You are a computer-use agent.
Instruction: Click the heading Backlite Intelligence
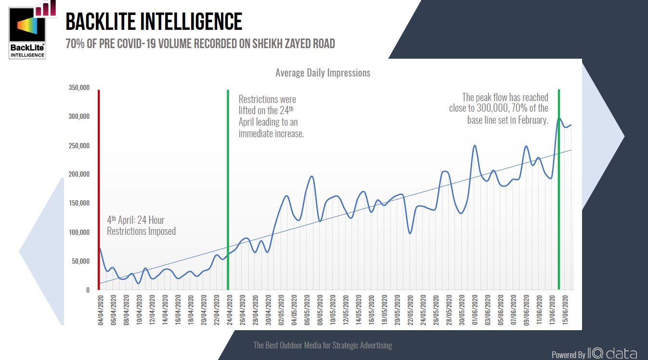pos(154,22)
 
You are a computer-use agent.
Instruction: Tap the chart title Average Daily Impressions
pos(323,73)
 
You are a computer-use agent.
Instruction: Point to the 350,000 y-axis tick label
pos(79,88)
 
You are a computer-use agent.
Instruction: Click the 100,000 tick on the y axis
pos(79,232)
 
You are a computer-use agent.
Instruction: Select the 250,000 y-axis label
pos(79,146)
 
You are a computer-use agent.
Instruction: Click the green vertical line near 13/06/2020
pos(558,193)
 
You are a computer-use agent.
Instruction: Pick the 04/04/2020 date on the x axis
pos(101,311)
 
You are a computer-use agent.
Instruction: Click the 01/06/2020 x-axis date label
pos(475,311)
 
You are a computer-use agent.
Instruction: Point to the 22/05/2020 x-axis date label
pos(410,311)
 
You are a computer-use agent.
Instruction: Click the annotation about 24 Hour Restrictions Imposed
pos(141,226)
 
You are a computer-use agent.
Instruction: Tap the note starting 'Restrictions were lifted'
pos(271,116)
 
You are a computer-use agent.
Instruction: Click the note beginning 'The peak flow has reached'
pos(499,109)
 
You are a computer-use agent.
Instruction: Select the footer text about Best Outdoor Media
pos(323,346)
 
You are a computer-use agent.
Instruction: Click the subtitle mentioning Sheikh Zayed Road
pos(200,44)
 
